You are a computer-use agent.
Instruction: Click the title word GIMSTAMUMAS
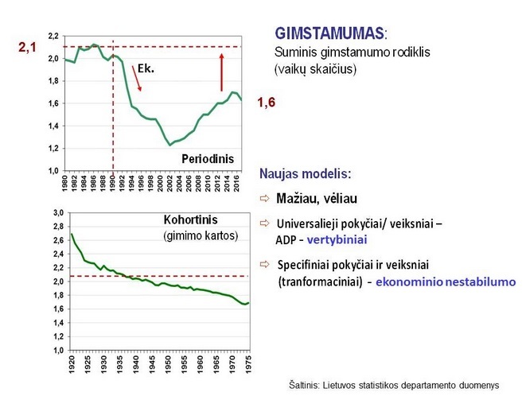328,34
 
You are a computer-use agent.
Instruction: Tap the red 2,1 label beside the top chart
27,49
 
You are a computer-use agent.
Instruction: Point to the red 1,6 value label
266,103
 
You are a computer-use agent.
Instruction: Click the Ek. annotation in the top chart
145,68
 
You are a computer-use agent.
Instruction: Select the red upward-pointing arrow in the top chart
221,72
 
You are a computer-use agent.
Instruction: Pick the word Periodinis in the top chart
209,158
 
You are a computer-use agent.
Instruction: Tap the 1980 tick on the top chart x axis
65,181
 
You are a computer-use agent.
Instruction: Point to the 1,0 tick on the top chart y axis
53,170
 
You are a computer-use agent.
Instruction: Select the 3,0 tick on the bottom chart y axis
57,214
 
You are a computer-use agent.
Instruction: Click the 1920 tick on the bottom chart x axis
72,361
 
